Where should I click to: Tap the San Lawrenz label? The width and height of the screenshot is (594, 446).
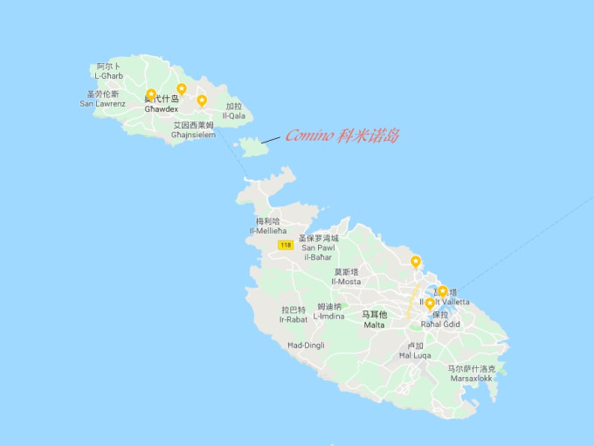point(102,99)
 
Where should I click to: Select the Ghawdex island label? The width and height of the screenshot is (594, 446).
point(162,104)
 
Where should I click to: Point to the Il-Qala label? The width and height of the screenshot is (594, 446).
point(234,111)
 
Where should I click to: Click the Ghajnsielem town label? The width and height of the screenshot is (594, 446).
point(193,129)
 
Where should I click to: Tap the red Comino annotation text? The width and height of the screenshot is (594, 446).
point(342,136)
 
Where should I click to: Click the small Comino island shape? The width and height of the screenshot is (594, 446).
point(253,146)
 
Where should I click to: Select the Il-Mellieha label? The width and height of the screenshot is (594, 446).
point(268,226)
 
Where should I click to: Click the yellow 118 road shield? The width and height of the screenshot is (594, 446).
point(286,246)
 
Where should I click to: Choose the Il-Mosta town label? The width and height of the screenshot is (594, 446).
point(346,277)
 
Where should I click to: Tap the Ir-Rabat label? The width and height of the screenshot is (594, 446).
point(294,315)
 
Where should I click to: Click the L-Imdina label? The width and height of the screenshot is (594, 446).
point(329,311)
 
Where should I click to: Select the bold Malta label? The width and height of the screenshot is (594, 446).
point(374,320)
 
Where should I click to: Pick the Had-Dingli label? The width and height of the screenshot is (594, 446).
point(306,345)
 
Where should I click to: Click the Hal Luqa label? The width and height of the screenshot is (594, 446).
point(415,351)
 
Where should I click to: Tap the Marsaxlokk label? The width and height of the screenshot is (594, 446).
point(472,373)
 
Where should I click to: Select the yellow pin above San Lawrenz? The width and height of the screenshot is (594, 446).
point(151,94)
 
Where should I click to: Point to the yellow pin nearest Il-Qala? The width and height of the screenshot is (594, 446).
point(202,100)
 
